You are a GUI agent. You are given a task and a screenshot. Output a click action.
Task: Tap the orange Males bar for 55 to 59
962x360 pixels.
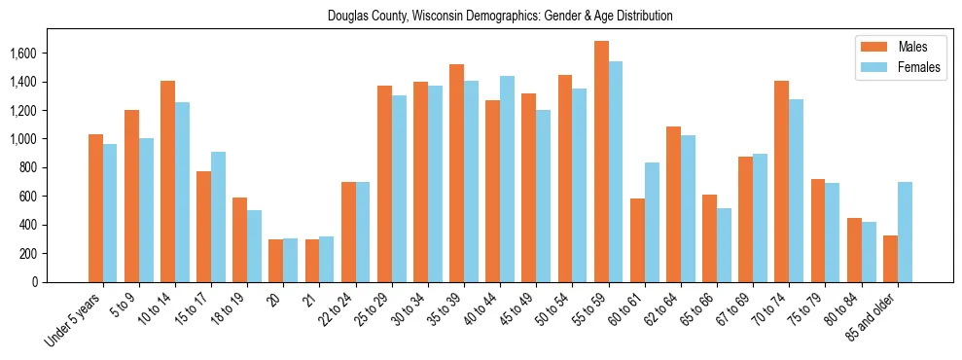[x=601, y=162]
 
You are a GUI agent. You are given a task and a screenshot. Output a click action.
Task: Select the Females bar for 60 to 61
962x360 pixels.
[x=652, y=222]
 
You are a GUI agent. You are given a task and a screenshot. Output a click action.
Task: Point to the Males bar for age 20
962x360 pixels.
[x=275, y=261]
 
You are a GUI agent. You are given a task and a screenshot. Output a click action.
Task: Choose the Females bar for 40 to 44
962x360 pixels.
[x=507, y=179]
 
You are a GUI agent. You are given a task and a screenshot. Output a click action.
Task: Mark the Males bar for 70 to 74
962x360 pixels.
[x=782, y=181]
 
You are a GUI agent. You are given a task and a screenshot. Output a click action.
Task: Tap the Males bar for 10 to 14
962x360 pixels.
[x=167, y=181]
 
